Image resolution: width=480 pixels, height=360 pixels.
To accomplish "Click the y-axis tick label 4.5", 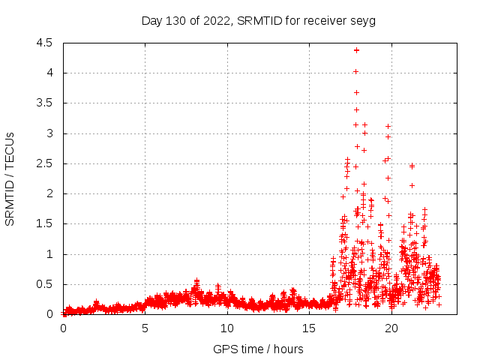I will tap(44, 43).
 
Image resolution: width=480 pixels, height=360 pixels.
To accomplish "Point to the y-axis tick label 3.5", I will tap(44, 103).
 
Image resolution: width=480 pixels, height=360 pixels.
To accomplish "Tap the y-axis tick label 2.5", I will tap(44, 163).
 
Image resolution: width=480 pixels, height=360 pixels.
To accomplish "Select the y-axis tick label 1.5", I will tap(44, 223).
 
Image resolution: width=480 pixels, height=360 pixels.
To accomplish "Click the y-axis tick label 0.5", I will tap(44, 284).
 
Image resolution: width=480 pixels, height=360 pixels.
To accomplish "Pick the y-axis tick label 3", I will tap(49, 133).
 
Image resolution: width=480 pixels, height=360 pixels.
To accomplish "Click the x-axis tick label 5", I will tap(145, 328).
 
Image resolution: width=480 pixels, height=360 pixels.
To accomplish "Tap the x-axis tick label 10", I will tap(226, 328).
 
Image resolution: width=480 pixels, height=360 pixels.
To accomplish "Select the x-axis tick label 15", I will tap(309, 328).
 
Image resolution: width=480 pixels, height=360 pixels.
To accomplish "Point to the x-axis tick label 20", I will tap(391, 328).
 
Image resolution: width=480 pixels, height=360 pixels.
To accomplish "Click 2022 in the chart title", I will tap(220, 21).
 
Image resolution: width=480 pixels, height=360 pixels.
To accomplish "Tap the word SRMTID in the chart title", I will tap(258, 21).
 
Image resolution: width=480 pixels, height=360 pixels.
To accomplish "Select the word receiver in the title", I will tap(325, 21).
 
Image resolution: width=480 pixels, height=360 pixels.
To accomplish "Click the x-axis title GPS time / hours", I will tap(258, 349).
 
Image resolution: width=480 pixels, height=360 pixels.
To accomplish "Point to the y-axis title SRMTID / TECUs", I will tap(10, 178).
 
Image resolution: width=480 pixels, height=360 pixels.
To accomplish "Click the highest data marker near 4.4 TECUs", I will tap(356, 49).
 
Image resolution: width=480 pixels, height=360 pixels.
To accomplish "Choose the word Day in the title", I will tap(152, 21).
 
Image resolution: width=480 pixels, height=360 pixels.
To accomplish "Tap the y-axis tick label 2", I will tap(49, 193).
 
